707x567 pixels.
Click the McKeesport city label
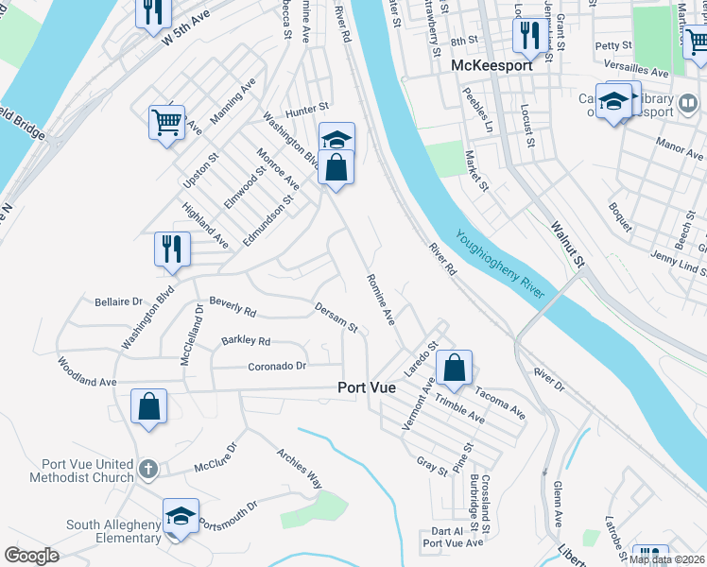point(491,66)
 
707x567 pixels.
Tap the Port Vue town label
point(371,388)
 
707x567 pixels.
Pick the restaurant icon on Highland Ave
point(172,249)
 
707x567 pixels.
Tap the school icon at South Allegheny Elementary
point(181,516)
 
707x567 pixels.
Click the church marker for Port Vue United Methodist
point(147,468)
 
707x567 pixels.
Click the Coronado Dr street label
point(277,367)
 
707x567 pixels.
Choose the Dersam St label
point(336,318)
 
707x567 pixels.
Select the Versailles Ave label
point(637,73)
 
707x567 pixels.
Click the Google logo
point(31,556)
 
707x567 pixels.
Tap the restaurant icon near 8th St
point(526,35)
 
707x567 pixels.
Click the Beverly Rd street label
point(233,305)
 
